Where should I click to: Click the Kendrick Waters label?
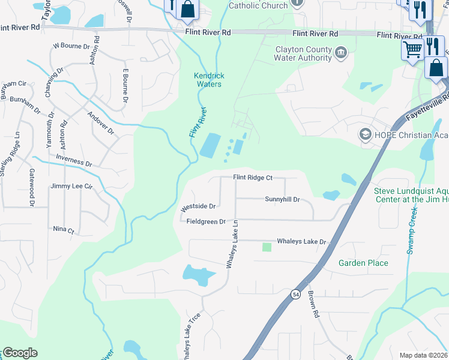pos(208,80)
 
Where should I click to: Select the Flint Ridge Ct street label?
pos(253,178)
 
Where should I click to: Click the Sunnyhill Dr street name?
pos(282,199)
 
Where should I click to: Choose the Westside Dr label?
pos(198,206)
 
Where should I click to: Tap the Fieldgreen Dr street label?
pos(205,221)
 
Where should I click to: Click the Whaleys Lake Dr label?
pos(301,242)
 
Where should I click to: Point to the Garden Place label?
pos(363,263)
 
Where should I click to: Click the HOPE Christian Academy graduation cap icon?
pos(365,133)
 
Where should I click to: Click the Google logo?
pos(20,353)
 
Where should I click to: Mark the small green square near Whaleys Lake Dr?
pos(267,247)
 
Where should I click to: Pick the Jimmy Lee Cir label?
pos(72,187)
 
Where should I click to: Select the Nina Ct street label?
pos(63,230)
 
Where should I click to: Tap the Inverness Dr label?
pos(73,163)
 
